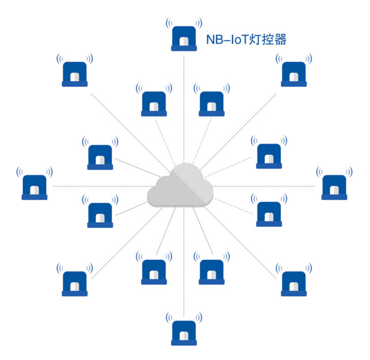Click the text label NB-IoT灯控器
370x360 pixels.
pyautogui.click(x=246, y=39)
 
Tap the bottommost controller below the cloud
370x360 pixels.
pyautogui.click(x=184, y=331)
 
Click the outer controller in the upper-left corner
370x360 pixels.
pyautogui.click(x=74, y=73)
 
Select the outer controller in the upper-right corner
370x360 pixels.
pyautogui.click(x=294, y=73)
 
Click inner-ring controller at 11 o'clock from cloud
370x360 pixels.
pyautogui.click(x=154, y=103)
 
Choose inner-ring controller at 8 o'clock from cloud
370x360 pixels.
pyautogui.click(x=100, y=214)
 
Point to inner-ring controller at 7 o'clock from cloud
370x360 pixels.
pyautogui.click(x=154, y=271)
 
